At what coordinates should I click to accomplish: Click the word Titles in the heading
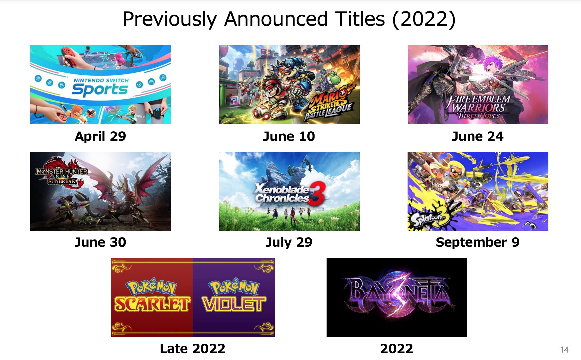click(x=360, y=19)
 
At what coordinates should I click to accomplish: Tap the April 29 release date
click(x=100, y=137)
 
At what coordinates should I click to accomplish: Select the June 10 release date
click(x=289, y=137)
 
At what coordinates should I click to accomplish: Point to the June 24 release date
click(x=478, y=137)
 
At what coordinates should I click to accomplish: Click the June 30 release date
click(x=100, y=242)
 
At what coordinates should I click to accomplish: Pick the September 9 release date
click(x=478, y=243)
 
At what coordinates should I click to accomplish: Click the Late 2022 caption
click(x=193, y=349)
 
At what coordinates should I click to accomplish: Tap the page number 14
click(x=564, y=350)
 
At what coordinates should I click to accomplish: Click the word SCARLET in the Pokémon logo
click(x=152, y=304)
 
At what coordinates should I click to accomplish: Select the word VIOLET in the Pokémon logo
click(x=234, y=304)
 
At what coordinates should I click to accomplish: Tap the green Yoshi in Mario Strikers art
click(x=333, y=78)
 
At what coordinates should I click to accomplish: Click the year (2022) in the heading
click(x=424, y=19)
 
